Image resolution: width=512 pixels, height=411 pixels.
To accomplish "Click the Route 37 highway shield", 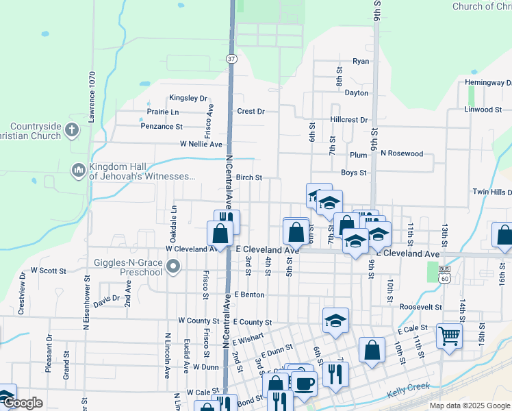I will coord(232,59).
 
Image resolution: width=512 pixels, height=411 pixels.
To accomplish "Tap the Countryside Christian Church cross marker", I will coord(72,128).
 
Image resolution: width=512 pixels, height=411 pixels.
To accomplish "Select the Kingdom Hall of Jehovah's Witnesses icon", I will coord(78,169).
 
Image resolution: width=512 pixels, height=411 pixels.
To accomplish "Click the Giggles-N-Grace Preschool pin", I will coord(174,266).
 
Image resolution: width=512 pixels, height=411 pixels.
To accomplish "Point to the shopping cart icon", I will coord(449,336).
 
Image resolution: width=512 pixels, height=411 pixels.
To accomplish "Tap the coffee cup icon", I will coord(305,382).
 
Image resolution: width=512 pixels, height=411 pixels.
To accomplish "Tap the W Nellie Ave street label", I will coord(201,145).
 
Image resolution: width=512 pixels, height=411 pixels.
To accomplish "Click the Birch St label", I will coord(249,177).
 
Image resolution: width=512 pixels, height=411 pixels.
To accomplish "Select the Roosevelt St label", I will coord(420,307).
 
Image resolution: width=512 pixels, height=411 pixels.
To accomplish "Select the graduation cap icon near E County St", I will coord(335,320).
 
